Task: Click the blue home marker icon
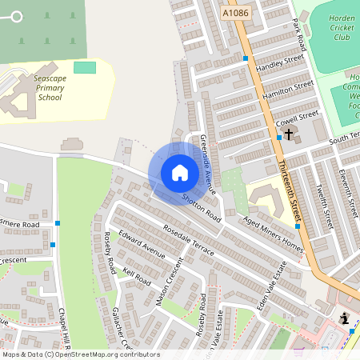(179, 173)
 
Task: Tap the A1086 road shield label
(235, 14)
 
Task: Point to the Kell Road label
(137, 277)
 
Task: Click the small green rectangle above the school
(84, 67)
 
